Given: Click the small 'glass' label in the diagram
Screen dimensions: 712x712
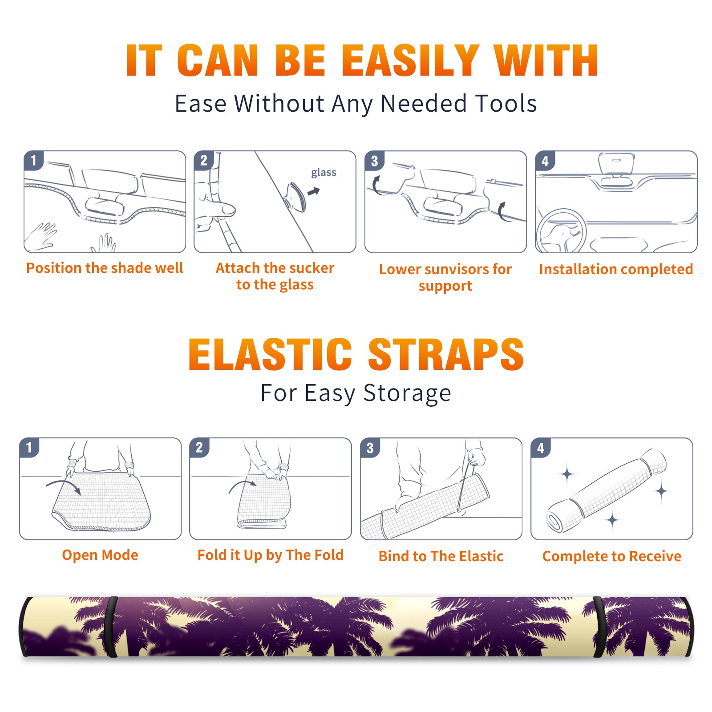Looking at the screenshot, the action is click(324, 173).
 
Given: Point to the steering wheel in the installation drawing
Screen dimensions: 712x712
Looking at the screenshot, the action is click(561, 231).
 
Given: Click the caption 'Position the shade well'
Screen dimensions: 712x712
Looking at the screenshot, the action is click(105, 268).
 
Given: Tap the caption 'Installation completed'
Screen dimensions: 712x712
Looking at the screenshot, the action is click(616, 269).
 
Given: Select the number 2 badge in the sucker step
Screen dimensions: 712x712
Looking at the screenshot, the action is click(204, 160).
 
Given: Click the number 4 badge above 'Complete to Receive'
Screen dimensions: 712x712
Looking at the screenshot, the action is click(541, 448).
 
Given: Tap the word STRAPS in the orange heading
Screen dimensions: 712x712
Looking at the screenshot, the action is click(446, 354).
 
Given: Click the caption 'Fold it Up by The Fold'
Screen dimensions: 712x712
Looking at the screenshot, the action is click(271, 555).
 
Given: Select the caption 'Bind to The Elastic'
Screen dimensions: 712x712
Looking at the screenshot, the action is click(441, 556).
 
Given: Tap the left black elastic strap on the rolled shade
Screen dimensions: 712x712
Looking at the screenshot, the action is click(111, 627).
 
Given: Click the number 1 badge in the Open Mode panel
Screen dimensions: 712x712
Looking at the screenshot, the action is click(29, 447).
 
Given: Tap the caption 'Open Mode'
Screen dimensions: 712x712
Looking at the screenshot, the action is click(100, 555).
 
